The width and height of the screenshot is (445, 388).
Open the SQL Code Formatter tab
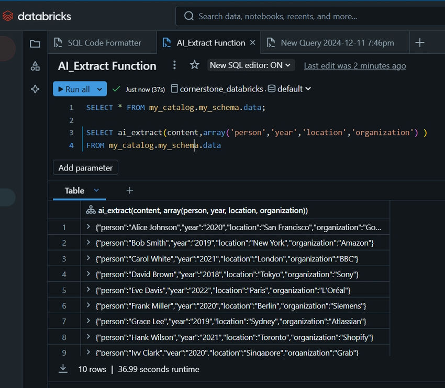97,43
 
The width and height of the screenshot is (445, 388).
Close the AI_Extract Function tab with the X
252,42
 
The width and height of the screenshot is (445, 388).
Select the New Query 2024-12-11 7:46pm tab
330,43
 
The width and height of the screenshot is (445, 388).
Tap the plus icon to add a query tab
420,43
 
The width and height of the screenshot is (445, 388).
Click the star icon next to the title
194,65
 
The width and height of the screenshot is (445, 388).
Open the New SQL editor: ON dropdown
251,65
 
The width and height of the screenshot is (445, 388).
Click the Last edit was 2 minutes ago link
355,66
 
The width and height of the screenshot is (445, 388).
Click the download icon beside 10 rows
63,369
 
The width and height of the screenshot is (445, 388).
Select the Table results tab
74,190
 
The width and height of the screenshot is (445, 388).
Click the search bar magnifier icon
188,16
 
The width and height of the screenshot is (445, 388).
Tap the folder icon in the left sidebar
35,43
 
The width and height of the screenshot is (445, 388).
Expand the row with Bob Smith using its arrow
88,242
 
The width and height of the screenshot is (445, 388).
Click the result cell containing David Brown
227,275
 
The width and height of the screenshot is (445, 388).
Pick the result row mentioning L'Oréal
223,290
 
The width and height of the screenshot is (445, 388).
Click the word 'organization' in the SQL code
382,132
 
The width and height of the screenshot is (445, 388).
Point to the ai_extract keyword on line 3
140,132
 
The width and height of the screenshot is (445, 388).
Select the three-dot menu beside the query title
174,65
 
